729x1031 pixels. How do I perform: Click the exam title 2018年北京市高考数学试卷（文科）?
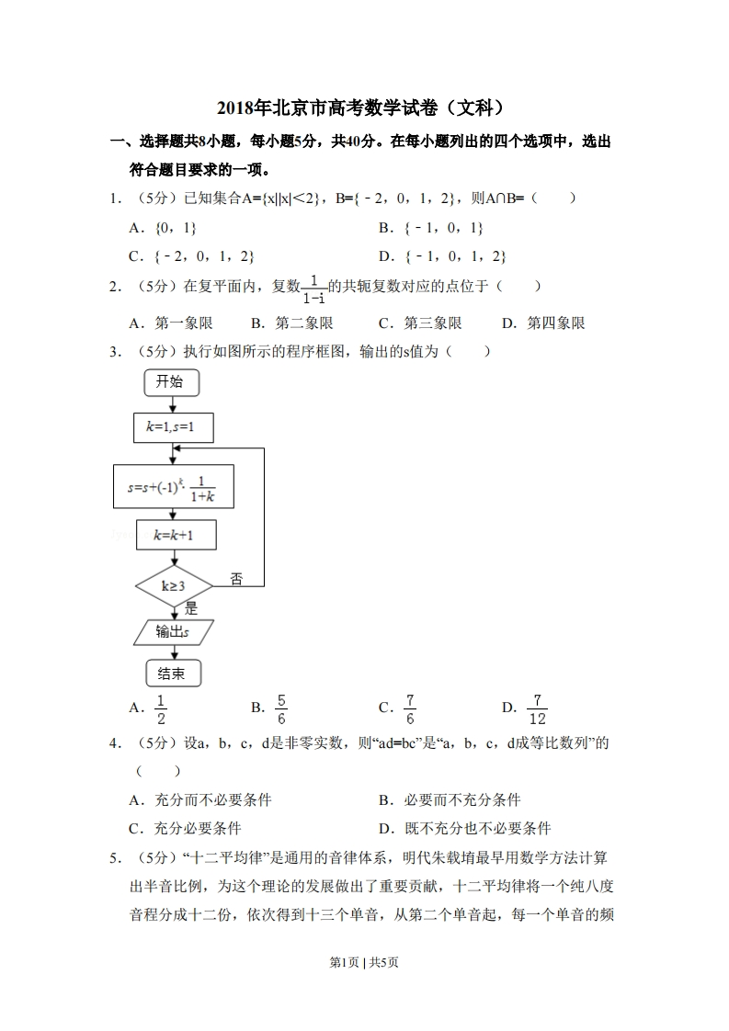pyautogui.click(x=364, y=108)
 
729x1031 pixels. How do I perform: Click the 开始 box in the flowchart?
pyautogui.click(x=170, y=382)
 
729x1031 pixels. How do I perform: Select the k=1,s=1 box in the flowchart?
pyautogui.click(x=175, y=426)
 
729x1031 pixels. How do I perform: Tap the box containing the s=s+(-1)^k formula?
pyautogui.click(x=173, y=487)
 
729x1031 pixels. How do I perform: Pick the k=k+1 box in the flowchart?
pyautogui.click(x=175, y=534)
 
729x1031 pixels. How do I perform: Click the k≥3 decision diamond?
pyautogui.click(x=174, y=585)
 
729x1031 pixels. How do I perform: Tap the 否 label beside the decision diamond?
pyautogui.click(x=236, y=578)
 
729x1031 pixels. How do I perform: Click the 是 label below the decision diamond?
pyautogui.click(x=191, y=607)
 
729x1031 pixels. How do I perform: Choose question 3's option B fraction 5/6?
pyautogui.click(x=280, y=708)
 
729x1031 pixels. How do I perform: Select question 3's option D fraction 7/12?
pyautogui.click(x=538, y=708)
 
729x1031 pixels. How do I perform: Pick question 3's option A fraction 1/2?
pyautogui.click(x=161, y=708)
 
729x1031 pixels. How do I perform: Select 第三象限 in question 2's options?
pyautogui.click(x=432, y=323)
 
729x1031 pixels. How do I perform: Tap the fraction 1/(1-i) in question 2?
pyautogui.click(x=313, y=288)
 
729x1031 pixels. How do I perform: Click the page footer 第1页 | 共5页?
pyautogui.click(x=364, y=962)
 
